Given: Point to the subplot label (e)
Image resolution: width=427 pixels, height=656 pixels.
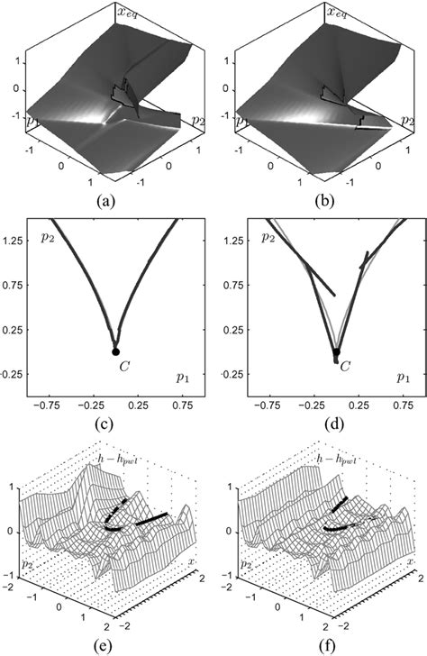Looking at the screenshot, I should pyautogui.click(x=114, y=645).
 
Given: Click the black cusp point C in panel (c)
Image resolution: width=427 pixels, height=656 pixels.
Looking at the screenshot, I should pyautogui.click(x=115, y=351).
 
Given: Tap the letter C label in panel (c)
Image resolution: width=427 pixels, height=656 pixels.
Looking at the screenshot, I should pyautogui.click(x=117, y=366).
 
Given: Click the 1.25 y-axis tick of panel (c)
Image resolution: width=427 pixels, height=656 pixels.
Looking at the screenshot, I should pyautogui.click(x=16, y=237).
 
